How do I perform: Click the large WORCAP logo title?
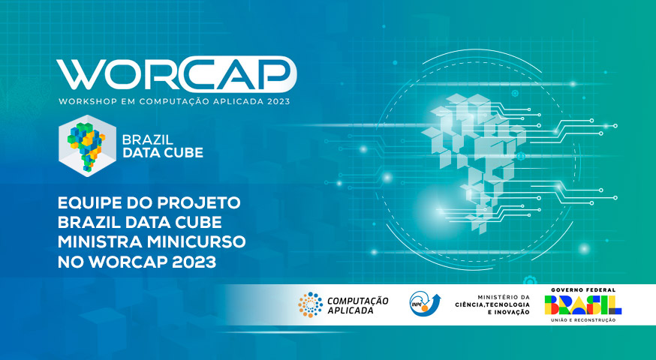(x=176, y=74)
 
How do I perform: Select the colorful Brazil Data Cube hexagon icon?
(x=87, y=145)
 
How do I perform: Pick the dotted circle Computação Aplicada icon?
(x=311, y=304)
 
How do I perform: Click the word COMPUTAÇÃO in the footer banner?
(x=358, y=301)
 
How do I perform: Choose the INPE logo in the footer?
(x=425, y=304)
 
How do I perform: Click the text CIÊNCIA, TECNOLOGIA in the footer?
(x=492, y=304)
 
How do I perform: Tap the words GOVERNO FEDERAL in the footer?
(x=583, y=289)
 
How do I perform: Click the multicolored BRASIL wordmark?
(x=582, y=304)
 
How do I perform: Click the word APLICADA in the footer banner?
(x=345, y=310)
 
